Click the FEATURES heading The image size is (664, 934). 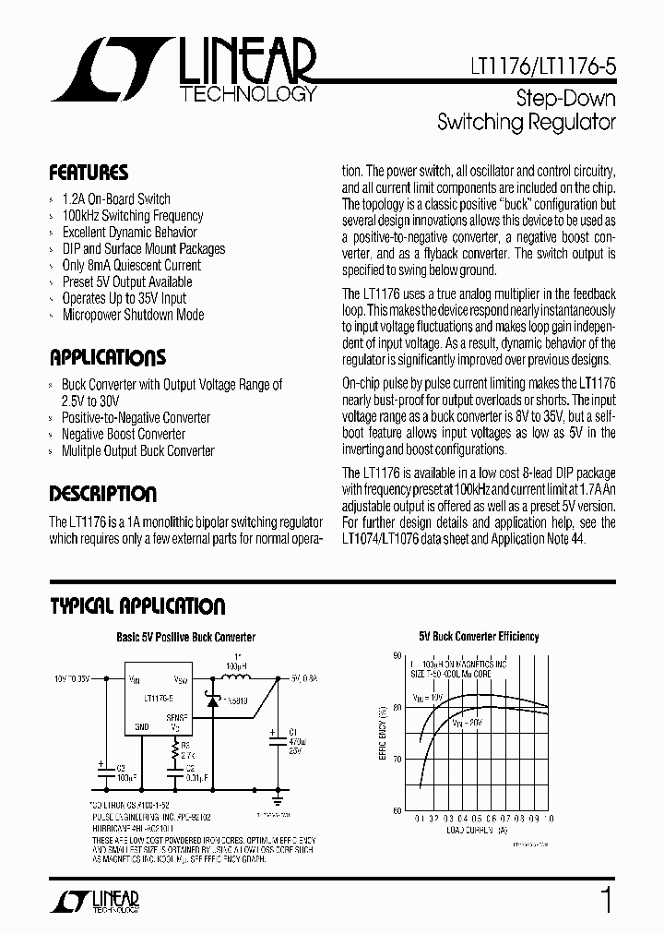(89, 173)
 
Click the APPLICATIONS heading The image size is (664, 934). (107, 358)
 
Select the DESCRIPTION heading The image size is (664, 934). (102, 494)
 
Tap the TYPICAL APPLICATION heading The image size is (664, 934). (136, 606)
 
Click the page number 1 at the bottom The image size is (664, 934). (605, 900)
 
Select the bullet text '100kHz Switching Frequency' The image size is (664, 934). (132, 216)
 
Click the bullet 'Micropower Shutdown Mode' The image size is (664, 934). (133, 316)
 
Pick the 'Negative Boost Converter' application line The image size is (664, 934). (124, 435)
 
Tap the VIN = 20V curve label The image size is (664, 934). (470, 722)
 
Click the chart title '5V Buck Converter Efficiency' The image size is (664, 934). (479, 637)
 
